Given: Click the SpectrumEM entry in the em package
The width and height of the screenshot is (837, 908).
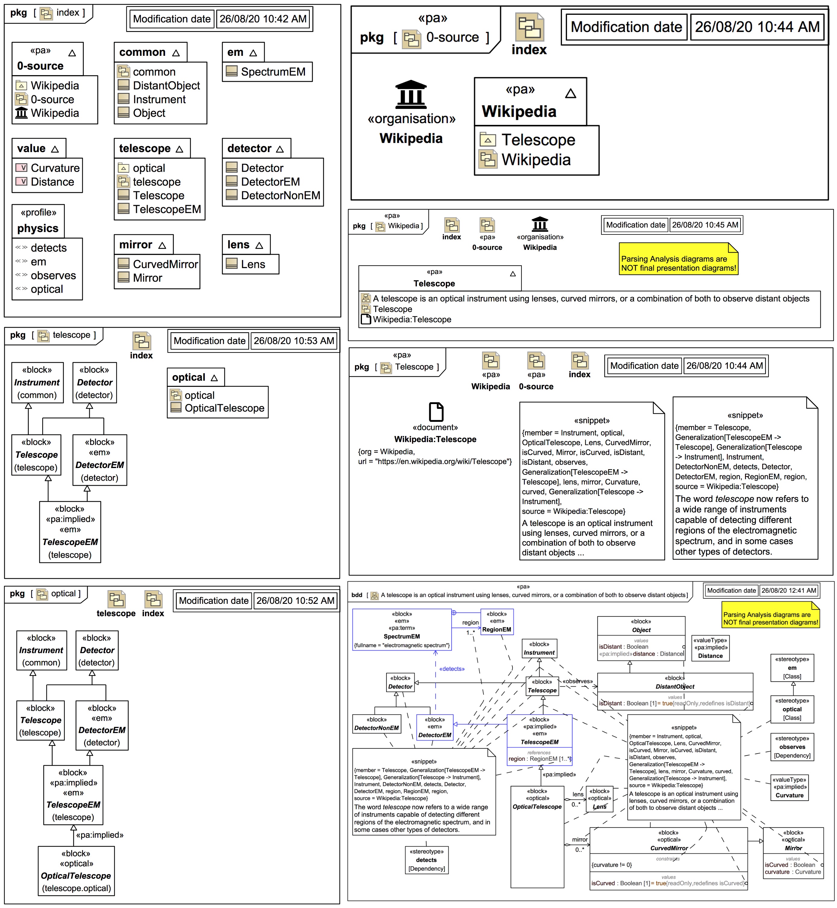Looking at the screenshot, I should [273, 72].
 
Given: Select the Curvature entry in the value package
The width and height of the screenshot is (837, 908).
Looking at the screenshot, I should [55, 168].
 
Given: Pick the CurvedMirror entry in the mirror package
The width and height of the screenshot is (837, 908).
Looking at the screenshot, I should [165, 264].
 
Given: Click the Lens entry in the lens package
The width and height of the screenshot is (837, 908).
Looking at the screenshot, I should [253, 264].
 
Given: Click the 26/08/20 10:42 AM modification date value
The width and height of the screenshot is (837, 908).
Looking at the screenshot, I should [263, 19].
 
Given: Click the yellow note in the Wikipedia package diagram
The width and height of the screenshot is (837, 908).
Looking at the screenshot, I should [678, 260].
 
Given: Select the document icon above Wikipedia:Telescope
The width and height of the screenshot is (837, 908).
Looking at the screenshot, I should [436, 411].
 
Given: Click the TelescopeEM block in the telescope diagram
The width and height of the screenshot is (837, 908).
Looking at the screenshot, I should [70, 532].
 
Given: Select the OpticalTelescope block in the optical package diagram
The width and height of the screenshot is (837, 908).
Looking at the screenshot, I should [76, 870].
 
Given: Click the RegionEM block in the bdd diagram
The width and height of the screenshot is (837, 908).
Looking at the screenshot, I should [496, 622].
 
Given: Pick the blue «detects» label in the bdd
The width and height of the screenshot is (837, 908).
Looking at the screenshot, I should [452, 669].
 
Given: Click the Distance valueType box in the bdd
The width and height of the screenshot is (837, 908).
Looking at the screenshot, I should [710, 648].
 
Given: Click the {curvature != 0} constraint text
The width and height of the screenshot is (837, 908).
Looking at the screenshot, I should [611, 865].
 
